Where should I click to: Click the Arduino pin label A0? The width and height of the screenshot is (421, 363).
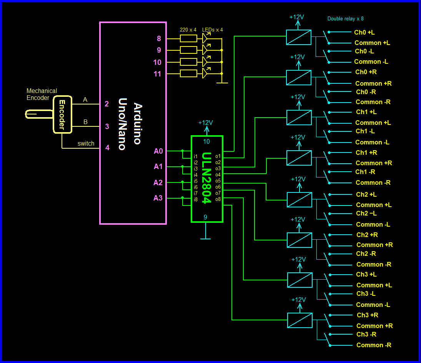(x=158, y=151)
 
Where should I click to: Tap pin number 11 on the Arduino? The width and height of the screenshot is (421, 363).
(x=157, y=74)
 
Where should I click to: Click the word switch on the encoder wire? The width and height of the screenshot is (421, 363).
(x=86, y=144)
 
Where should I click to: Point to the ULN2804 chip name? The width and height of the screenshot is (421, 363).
(x=207, y=178)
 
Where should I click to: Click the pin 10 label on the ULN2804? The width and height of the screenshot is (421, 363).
(x=206, y=141)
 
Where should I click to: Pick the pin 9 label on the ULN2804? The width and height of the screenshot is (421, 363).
(x=205, y=217)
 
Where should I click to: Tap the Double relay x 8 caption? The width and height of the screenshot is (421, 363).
(x=345, y=18)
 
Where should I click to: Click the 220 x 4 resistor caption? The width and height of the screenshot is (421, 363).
(x=188, y=30)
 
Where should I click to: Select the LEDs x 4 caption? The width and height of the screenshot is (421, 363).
(x=213, y=30)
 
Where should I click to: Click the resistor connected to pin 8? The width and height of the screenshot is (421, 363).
(x=188, y=38)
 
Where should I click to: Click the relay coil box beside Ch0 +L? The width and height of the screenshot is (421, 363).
(x=298, y=37)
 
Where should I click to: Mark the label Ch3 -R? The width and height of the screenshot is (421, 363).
(x=366, y=334)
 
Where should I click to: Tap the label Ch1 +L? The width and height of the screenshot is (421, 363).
(x=366, y=112)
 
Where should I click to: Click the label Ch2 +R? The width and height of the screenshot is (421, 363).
(x=367, y=235)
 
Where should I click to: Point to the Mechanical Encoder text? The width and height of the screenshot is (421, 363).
(x=42, y=94)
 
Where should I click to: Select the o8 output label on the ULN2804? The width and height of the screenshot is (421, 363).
(x=218, y=199)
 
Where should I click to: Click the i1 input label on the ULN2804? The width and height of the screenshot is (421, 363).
(x=196, y=156)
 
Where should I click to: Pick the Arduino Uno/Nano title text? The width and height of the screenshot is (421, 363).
(x=131, y=124)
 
